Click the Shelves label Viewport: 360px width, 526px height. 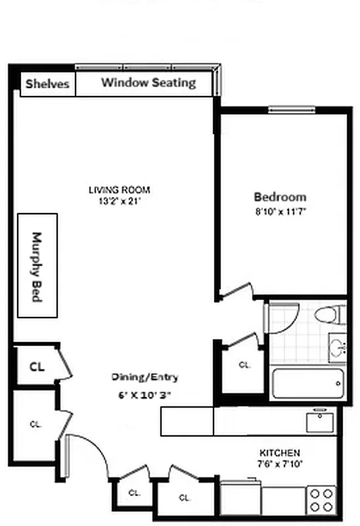[47, 84]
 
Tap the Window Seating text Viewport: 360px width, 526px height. [148, 83]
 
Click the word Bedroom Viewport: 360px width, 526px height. [280, 197]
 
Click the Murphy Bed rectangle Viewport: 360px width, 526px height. [37, 266]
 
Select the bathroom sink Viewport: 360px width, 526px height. [338, 347]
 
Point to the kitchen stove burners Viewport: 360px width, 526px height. [322, 499]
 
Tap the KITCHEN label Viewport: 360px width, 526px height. [280, 453]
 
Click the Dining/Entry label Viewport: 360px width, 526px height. [145, 377]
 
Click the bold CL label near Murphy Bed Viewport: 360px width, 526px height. [37, 367]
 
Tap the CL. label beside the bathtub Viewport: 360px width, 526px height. [244, 364]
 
